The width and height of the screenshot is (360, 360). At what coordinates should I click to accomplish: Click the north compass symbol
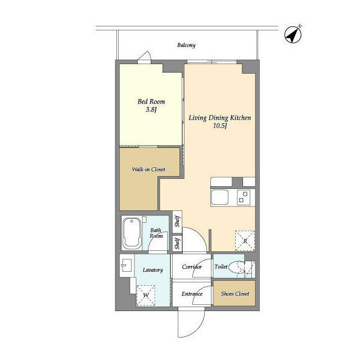click(293, 34)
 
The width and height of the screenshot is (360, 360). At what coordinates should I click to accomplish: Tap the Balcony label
click(186, 45)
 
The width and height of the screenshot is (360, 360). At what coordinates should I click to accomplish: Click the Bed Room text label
click(151, 102)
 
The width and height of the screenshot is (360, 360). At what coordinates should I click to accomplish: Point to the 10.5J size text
click(219, 127)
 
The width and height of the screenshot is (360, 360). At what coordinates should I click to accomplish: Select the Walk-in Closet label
click(149, 169)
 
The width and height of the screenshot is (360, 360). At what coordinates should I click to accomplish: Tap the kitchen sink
click(219, 197)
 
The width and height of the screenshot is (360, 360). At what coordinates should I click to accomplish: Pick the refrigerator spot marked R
click(245, 241)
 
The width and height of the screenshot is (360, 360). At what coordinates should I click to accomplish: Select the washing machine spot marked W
click(146, 294)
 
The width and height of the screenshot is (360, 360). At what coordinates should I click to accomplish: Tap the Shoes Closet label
click(234, 294)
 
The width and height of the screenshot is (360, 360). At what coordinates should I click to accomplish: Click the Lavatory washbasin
click(125, 266)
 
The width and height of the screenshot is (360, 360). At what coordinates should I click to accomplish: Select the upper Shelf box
click(177, 221)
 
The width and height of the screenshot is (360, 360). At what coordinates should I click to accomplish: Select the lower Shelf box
click(177, 244)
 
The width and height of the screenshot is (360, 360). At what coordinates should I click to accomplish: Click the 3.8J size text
click(151, 110)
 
